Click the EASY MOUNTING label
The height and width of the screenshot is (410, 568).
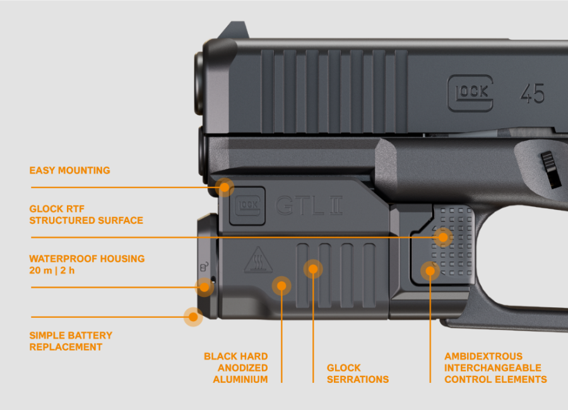point(69,170)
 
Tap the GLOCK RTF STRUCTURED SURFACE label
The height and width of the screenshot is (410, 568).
point(86,214)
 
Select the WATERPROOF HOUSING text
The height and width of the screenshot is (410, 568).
point(87,259)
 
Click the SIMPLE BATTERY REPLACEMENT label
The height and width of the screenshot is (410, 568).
point(71,341)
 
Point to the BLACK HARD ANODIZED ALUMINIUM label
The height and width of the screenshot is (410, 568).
point(236,368)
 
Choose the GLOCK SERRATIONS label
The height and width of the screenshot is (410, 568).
point(358,373)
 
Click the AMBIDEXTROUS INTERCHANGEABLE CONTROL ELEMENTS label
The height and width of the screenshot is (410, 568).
point(495,368)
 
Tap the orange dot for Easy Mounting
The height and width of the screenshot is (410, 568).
point(225,187)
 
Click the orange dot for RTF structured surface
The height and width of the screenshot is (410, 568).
point(443,237)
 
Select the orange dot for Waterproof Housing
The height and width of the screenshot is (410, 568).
point(204,287)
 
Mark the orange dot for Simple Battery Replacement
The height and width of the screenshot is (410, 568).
point(193,317)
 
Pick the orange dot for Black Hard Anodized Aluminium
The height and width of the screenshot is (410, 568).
point(281,286)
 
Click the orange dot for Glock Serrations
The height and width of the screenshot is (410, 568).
point(313,269)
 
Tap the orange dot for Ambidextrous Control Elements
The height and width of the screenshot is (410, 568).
point(430,271)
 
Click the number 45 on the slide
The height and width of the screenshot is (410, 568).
point(533,93)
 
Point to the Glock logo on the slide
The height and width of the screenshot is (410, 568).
point(470,93)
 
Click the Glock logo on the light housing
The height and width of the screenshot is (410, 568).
point(247,206)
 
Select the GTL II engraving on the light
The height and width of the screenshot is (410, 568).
point(309,206)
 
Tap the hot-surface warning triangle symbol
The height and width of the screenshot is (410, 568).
point(258,260)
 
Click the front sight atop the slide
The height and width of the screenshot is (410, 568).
point(234,30)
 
